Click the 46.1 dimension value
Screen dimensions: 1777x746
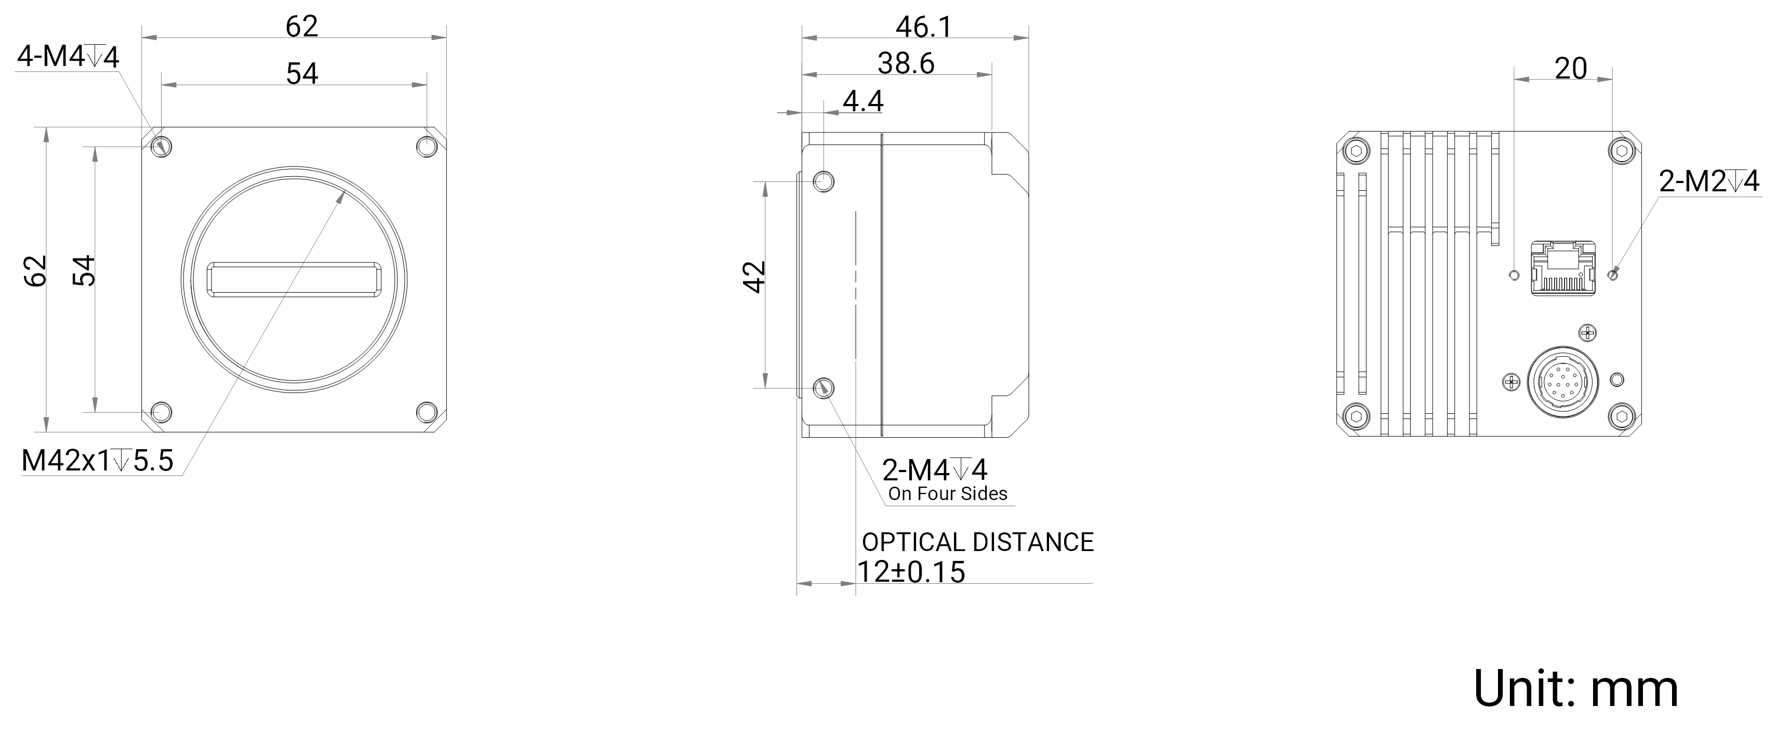click(924, 27)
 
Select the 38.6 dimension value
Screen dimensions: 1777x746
click(906, 63)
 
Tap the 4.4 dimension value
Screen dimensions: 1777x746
click(863, 101)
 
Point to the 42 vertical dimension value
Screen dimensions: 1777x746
click(755, 277)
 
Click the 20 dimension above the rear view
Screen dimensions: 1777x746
click(1571, 68)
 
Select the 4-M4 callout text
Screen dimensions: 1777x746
click(68, 57)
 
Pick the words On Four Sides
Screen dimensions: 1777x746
click(947, 493)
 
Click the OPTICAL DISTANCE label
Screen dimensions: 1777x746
click(977, 542)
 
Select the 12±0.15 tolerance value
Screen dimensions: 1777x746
click(910, 572)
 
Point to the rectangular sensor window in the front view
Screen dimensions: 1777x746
click(294, 280)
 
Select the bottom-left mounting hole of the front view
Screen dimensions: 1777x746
click(161, 413)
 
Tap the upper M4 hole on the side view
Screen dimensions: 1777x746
click(824, 181)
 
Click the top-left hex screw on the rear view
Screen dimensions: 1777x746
click(1358, 150)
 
